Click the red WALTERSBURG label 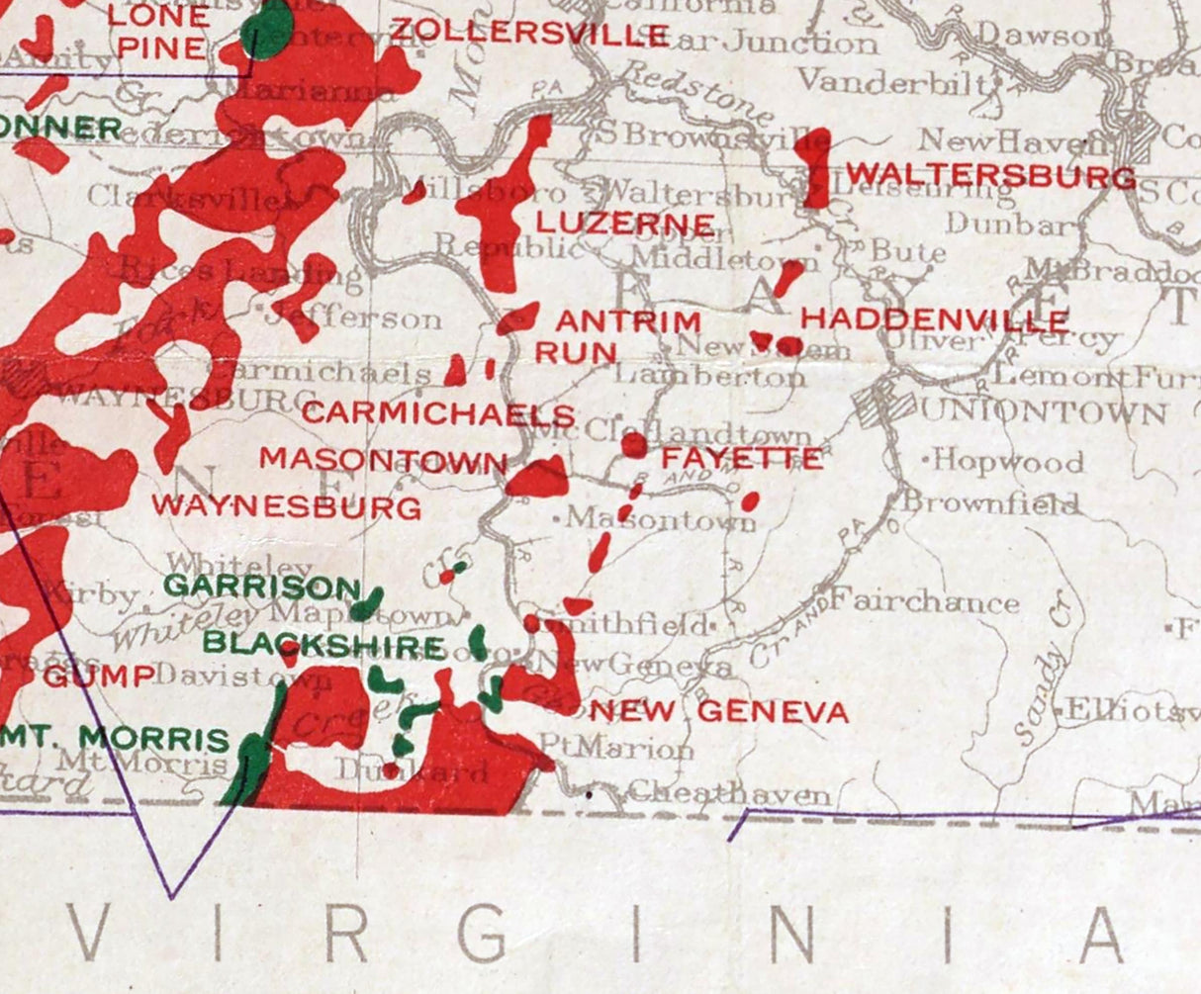990,178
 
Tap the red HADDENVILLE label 935,320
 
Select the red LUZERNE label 625,223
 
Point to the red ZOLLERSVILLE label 529,33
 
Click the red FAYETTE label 742,459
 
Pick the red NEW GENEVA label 719,711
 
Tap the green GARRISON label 261,587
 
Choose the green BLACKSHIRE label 323,646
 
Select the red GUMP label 99,678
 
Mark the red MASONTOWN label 383,460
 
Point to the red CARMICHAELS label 437,413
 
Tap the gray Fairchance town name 924,601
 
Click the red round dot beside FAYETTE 633,446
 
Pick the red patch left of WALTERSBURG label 816,166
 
